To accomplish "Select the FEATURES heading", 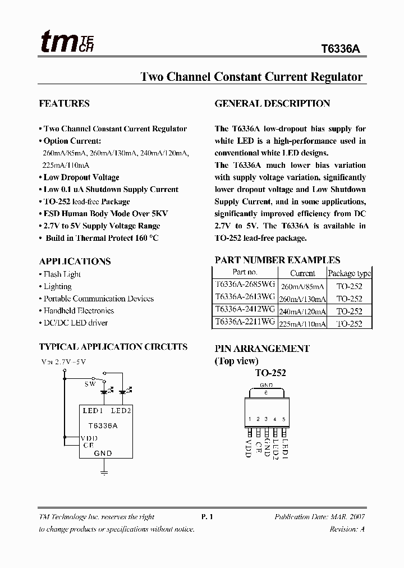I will (x=64, y=104).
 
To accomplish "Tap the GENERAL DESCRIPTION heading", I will (x=272, y=104).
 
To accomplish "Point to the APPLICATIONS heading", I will (x=75, y=262).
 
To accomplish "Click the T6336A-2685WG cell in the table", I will (x=245, y=285).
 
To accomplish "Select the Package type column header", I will (x=349, y=273).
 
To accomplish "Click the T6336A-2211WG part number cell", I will (x=245, y=322).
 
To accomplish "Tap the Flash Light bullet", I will (x=62, y=274).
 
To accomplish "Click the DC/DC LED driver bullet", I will (x=75, y=323).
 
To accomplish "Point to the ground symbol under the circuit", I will (x=103, y=473).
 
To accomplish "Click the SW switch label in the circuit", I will (x=90, y=384).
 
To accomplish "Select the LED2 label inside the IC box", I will (x=121, y=411).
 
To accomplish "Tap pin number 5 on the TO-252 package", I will (x=284, y=419).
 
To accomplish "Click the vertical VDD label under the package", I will (x=248, y=448).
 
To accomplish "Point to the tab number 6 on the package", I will (x=266, y=392).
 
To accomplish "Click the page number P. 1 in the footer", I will (x=208, y=517).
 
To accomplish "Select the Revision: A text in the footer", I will (x=347, y=529).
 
